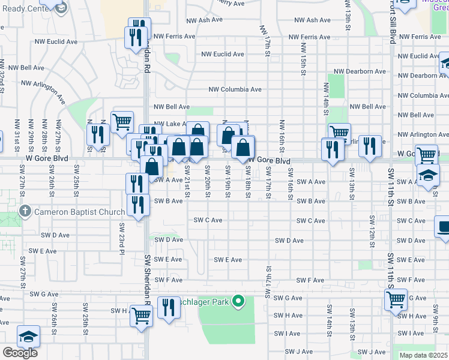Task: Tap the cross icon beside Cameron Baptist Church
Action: pyautogui.click(x=25, y=211)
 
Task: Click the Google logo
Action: pyautogui.click(x=19, y=352)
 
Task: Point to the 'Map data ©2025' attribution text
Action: pyautogui.click(x=423, y=355)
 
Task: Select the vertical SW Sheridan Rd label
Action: pyautogui.click(x=146, y=276)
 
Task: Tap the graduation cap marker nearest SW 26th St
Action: pyautogui.click(x=28, y=337)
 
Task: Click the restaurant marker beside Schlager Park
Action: pyautogui.click(x=169, y=307)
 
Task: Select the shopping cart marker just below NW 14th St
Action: pyautogui.click(x=339, y=133)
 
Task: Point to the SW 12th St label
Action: pyautogui.click(x=372, y=232)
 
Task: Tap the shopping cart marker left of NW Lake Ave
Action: pyautogui.click(x=122, y=122)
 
